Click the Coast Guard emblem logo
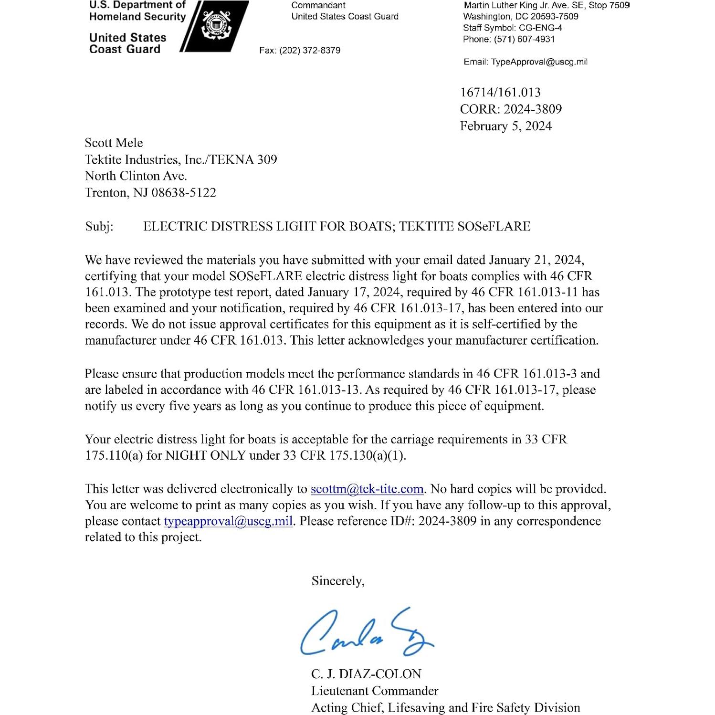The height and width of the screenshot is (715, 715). coord(216,27)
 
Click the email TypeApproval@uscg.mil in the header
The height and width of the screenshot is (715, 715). coord(539,62)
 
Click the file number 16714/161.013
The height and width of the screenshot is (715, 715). coord(500,92)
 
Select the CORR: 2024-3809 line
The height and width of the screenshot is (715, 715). coord(511,109)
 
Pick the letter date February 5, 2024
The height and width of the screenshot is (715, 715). coord(505,126)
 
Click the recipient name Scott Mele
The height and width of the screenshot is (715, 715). coord(114,143)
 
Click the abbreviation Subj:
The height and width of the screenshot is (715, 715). coord(99,226)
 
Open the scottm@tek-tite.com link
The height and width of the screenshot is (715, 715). coord(367,489)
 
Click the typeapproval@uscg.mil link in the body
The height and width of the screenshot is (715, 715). coord(228,521)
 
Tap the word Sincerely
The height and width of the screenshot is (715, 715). coord(337,581)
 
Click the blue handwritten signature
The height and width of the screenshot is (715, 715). coord(365,632)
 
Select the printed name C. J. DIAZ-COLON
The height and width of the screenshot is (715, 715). coord(366,674)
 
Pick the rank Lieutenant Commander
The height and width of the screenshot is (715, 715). coord(375,691)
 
